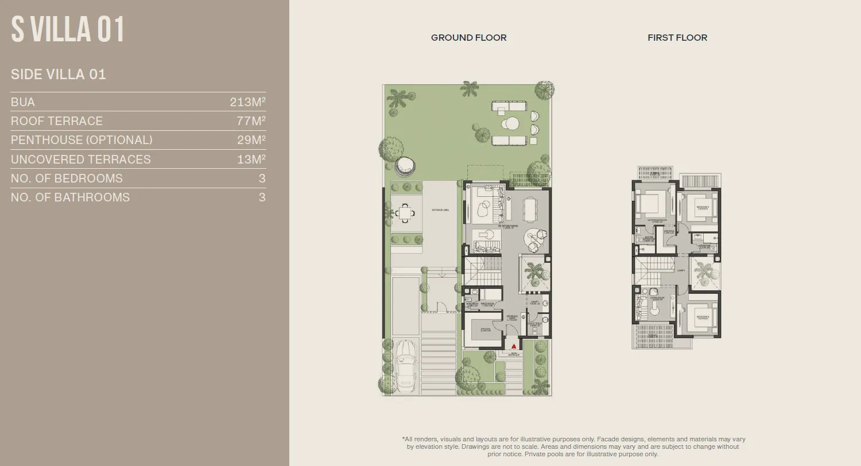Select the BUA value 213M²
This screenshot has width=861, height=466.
[247, 102]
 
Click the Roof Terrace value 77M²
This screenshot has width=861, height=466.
[251, 121]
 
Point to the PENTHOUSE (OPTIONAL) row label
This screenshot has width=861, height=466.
[82, 140]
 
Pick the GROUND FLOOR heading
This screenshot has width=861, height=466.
[468, 37]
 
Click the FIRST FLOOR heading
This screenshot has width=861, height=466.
[677, 37]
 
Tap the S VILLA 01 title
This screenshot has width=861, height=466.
[68, 30]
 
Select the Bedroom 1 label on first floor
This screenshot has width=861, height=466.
[703, 207]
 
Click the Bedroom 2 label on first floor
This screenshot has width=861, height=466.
[703, 317]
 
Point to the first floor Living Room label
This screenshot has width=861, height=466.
[657, 298]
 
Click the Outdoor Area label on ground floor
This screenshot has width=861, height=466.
[440, 211]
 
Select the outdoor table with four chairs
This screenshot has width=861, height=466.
[406, 213]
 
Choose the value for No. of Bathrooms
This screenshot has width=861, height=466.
[262, 197]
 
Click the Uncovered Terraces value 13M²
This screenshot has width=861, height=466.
[251, 160]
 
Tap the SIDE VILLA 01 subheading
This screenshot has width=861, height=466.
[59, 74]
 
